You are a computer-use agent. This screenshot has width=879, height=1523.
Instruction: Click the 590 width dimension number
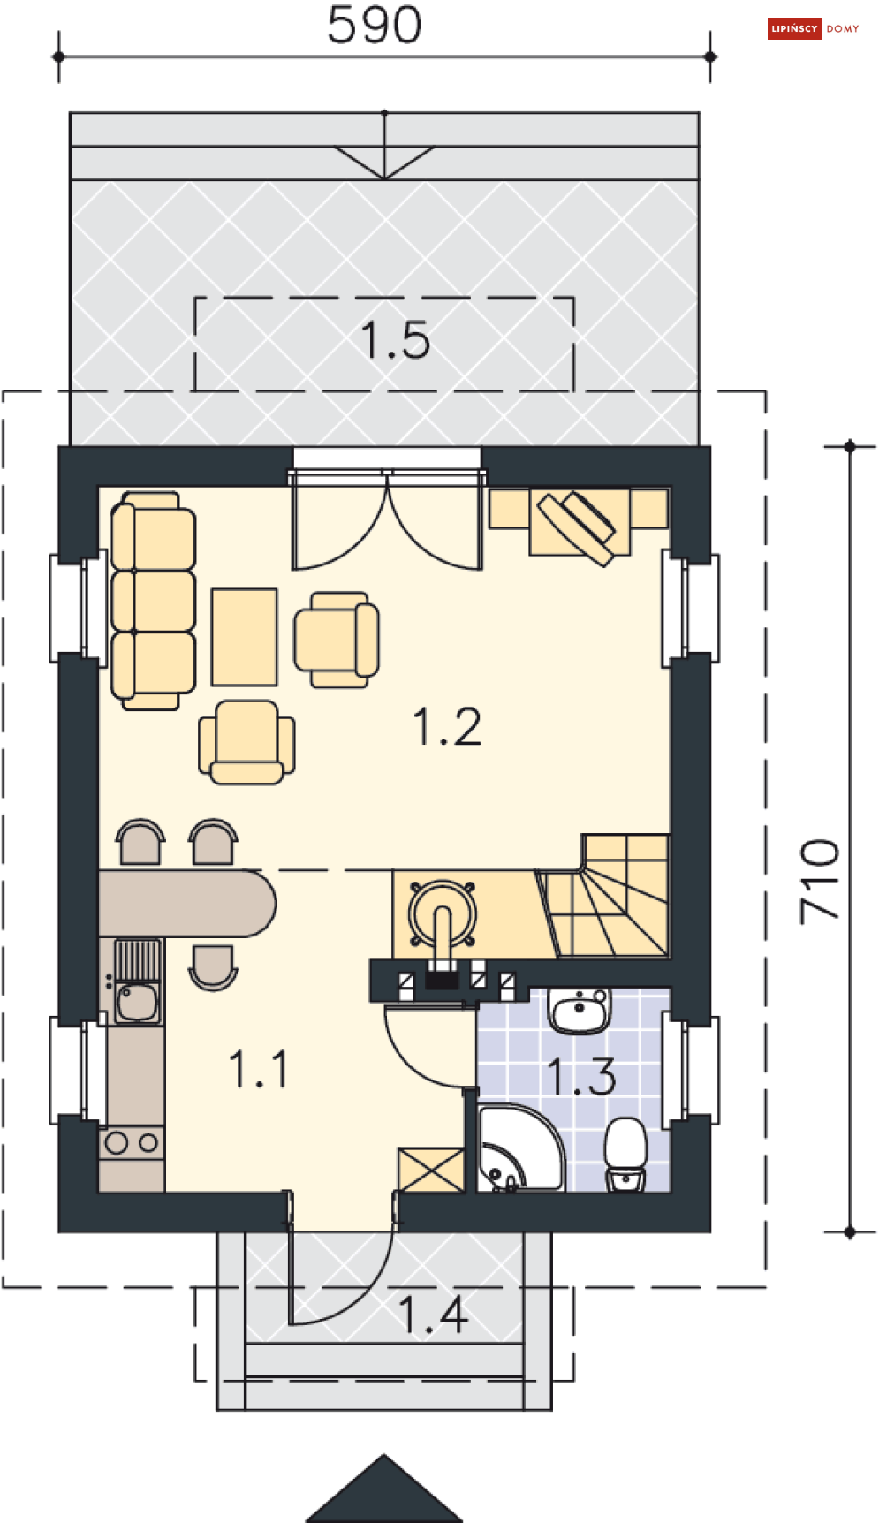(x=374, y=25)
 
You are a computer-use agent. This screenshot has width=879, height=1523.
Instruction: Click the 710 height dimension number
(x=820, y=882)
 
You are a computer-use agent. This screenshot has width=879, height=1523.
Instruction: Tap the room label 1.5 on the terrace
(x=396, y=340)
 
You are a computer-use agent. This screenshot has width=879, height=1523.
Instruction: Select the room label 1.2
(x=448, y=727)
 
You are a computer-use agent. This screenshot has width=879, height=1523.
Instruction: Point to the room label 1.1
(x=259, y=1069)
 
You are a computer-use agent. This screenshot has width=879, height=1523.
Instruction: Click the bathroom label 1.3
(x=580, y=1076)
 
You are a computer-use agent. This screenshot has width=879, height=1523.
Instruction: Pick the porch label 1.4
(x=432, y=1315)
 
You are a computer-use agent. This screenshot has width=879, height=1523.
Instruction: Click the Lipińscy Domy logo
(x=814, y=28)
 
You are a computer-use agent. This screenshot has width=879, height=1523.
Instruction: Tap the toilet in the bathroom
(x=625, y=1154)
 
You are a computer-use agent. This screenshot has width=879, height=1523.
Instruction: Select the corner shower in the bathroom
(x=519, y=1148)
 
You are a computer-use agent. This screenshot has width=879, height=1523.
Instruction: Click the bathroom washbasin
(x=580, y=1011)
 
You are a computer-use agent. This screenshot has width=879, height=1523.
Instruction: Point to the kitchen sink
(x=137, y=981)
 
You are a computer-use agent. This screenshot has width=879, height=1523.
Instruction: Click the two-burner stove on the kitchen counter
(x=132, y=1143)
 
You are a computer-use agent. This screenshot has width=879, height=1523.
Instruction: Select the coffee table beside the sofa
(x=245, y=637)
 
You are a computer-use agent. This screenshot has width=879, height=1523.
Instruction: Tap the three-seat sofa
(x=153, y=601)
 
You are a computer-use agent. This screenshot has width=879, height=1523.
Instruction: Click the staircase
(x=604, y=897)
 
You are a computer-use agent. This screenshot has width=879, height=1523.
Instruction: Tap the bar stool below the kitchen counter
(x=213, y=967)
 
